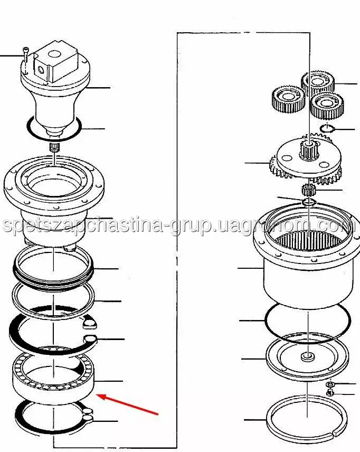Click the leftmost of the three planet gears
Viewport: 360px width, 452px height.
[288, 99]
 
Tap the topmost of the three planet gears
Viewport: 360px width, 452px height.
[318, 82]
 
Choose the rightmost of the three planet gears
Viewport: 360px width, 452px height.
[327, 106]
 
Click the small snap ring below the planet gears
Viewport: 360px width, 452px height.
[327, 128]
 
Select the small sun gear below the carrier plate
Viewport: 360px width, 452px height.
[309, 190]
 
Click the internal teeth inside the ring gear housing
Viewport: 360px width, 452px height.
[309, 240]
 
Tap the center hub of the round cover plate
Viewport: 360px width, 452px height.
[308, 357]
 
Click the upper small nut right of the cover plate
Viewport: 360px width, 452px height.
[330, 384]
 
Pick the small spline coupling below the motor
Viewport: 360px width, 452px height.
[54, 147]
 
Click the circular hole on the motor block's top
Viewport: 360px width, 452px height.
[53, 54]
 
